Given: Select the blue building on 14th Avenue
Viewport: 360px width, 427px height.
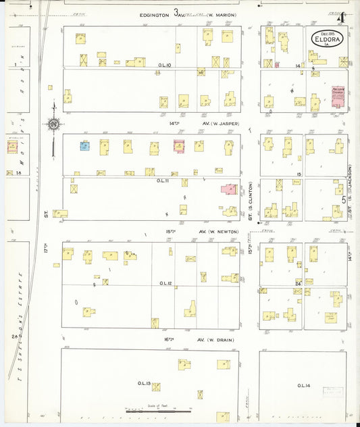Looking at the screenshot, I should (85, 145).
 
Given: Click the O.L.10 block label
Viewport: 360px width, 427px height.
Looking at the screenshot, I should (164, 66).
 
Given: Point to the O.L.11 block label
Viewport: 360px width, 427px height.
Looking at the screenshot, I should (163, 180).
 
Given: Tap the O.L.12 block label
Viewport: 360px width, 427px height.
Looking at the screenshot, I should (165, 283).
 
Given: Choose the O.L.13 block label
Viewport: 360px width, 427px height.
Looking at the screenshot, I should (143, 383).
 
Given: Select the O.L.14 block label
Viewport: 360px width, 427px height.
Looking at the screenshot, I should (303, 385).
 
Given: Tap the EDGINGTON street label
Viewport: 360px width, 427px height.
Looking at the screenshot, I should (154, 14).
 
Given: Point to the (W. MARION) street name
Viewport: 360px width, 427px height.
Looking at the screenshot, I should (220, 14).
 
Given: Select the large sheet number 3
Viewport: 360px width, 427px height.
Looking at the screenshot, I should (177, 12).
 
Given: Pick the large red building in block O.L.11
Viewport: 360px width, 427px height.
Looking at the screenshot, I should (229, 190).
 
